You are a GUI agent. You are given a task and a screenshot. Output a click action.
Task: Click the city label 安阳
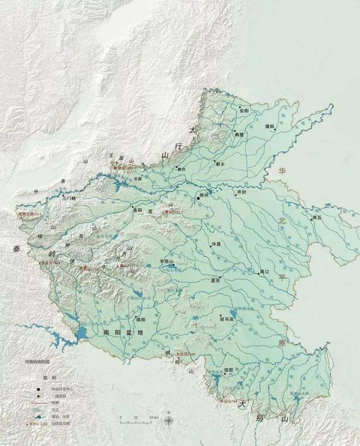[244, 111]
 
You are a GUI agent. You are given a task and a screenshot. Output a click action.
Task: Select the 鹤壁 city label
[240, 135]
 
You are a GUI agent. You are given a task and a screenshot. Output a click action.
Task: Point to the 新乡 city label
[219, 164]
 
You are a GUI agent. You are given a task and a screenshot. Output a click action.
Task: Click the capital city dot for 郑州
[198, 199]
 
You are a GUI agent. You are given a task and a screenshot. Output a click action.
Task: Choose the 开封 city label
[242, 192]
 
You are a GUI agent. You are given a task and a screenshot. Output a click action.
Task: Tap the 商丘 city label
[317, 217]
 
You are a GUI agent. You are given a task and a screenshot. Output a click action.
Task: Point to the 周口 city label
[265, 272]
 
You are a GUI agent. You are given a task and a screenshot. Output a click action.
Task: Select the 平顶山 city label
[168, 262]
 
